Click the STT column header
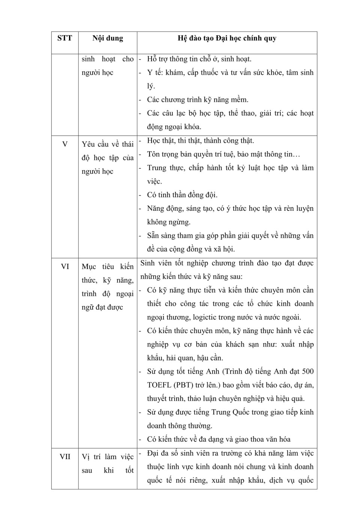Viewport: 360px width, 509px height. pos(64,38)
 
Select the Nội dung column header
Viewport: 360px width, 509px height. pos(108,38)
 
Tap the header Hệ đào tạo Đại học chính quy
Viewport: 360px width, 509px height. pos(227,38)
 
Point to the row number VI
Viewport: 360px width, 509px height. pos(64,267)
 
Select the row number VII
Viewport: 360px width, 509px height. pos(64,457)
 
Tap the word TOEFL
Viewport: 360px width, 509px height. pos(159,385)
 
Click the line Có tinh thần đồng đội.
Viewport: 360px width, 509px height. pos(182,195)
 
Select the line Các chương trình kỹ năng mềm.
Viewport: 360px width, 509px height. pos(198,100)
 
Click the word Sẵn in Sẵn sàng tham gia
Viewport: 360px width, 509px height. pos(153,236)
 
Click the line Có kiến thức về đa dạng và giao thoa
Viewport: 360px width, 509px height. pos(219,439)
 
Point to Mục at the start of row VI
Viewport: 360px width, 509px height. pos(89,267)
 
